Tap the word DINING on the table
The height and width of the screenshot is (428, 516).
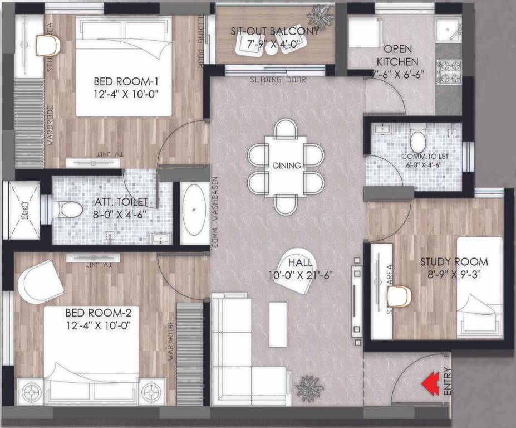point(287,165)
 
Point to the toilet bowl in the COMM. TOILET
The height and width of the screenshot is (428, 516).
point(417,137)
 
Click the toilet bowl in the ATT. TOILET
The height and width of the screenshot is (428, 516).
point(70,210)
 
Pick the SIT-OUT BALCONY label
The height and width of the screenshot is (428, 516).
point(275,31)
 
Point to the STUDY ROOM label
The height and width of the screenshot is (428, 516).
point(454,261)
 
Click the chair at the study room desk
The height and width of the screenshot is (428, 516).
point(399,296)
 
